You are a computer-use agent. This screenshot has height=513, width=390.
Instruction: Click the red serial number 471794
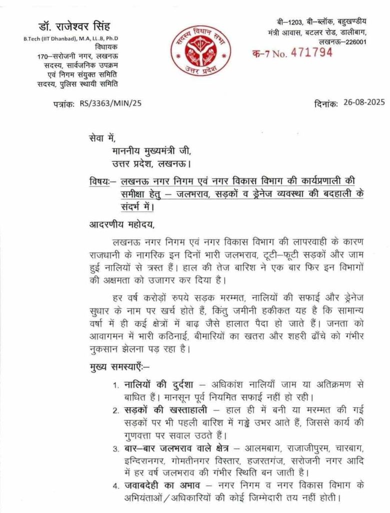pyautogui.click(x=311, y=53)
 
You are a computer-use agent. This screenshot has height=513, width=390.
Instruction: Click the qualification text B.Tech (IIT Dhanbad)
pyautogui.click(x=48, y=39)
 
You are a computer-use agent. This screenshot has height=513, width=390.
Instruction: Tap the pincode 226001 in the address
pyautogui.click(x=354, y=42)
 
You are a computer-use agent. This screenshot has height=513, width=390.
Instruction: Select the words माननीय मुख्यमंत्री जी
pyautogui.click(x=158, y=149)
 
